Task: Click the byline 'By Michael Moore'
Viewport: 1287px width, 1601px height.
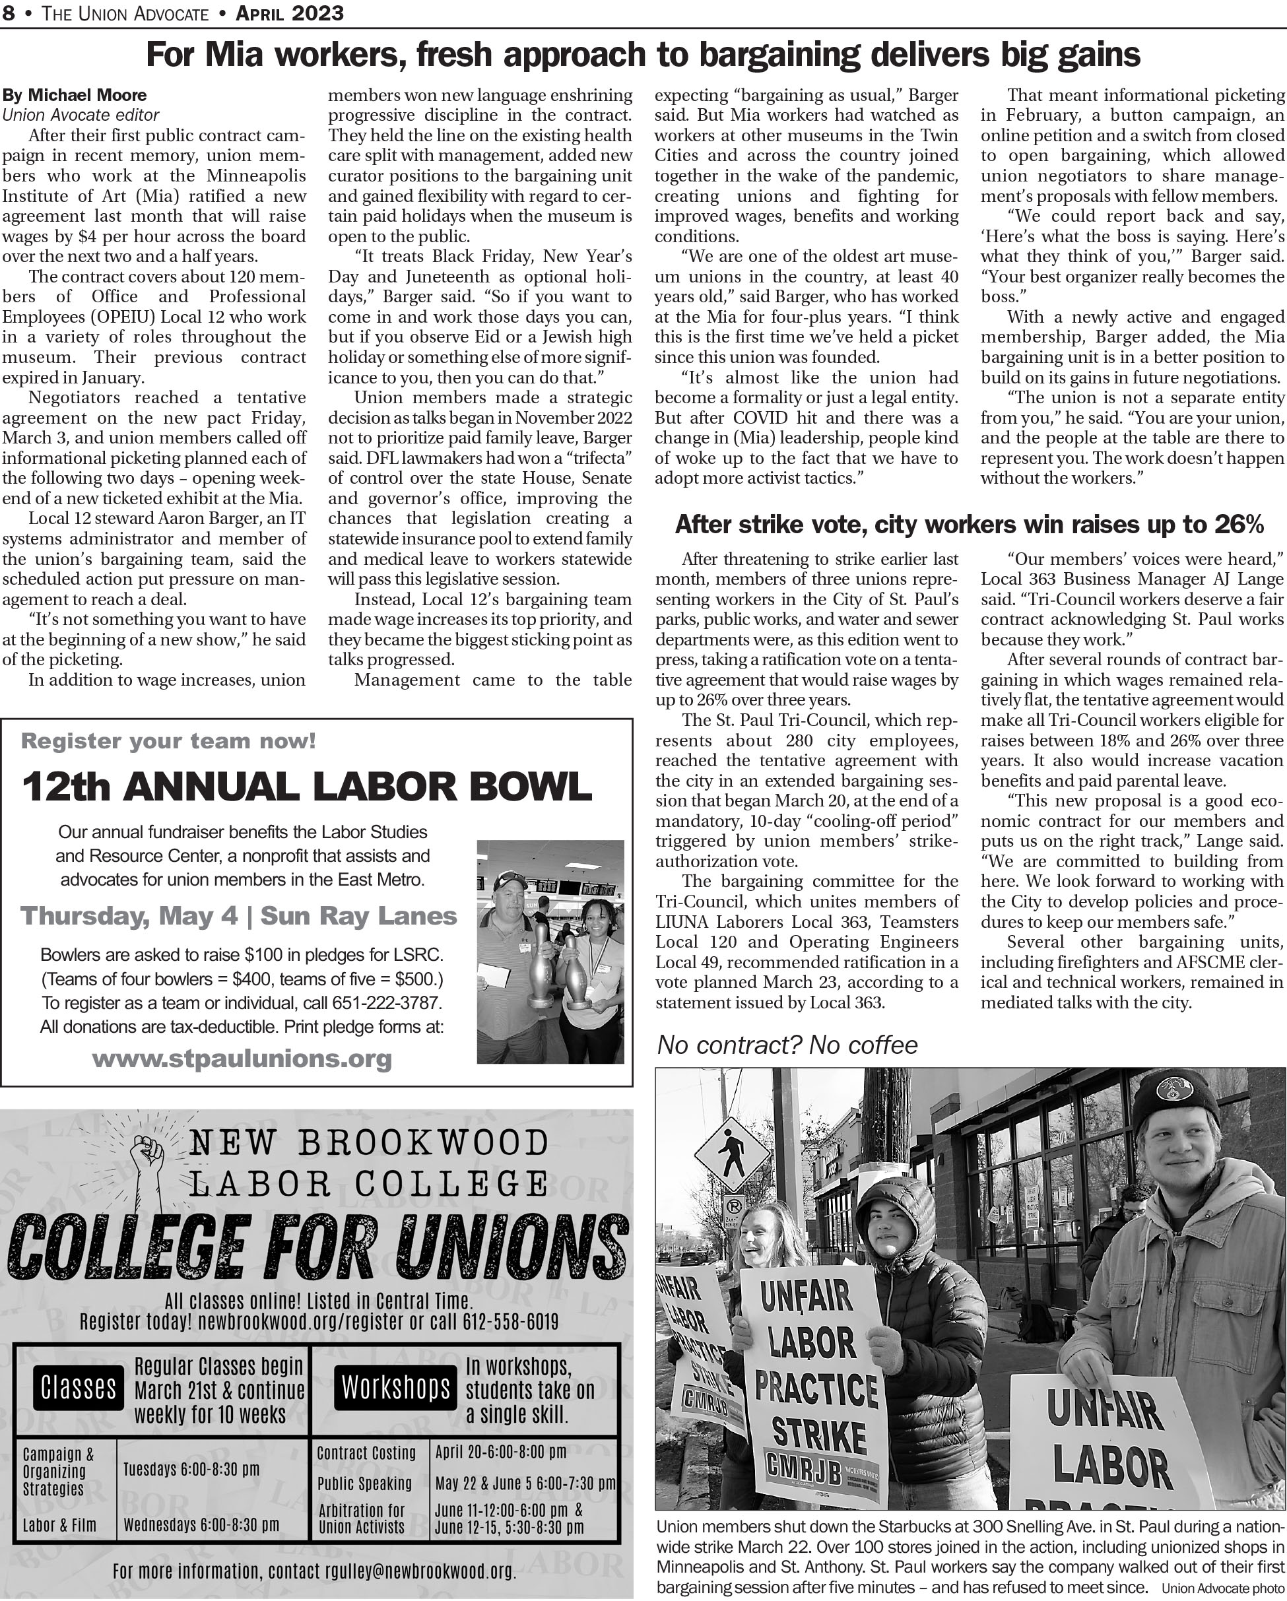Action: click(75, 95)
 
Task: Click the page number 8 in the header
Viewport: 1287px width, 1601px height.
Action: click(8, 13)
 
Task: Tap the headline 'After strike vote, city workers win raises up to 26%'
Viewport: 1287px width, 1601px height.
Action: click(969, 525)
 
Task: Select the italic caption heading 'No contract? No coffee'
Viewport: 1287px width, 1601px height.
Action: click(787, 1045)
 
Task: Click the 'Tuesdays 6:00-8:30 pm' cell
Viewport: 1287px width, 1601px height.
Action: click(191, 1470)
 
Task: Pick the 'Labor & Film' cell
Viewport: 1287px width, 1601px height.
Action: click(59, 1525)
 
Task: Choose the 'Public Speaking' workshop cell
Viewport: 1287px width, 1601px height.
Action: click(364, 1484)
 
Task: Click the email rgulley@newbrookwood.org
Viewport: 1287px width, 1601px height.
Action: click(420, 1571)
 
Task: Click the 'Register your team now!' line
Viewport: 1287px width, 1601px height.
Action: click(168, 740)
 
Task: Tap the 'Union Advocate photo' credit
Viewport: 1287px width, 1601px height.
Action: click(1222, 1589)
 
